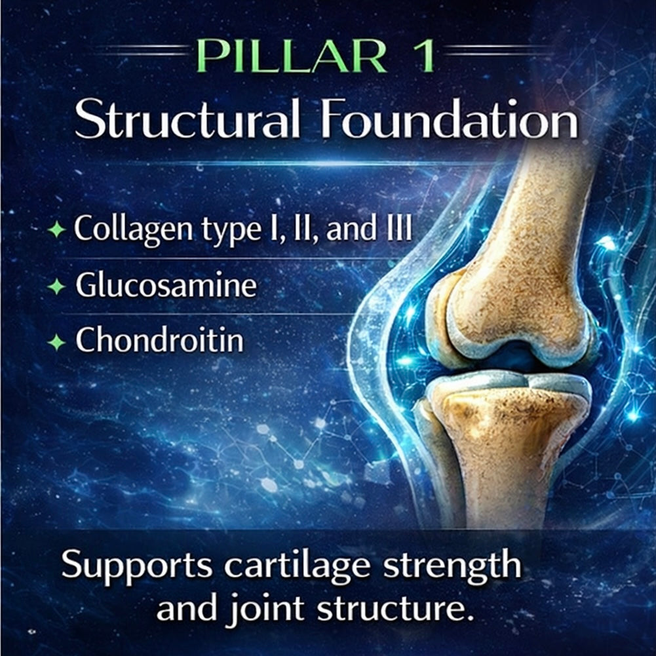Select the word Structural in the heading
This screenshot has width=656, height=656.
(187, 119)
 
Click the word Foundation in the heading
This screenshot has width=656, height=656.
(450, 119)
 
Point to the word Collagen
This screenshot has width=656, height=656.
(133, 229)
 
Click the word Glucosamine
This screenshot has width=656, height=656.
(166, 284)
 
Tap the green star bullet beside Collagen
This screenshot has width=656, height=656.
(56, 229)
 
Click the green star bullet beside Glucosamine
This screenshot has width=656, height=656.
(56, 287)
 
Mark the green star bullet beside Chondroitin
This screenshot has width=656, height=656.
(56, 343)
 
